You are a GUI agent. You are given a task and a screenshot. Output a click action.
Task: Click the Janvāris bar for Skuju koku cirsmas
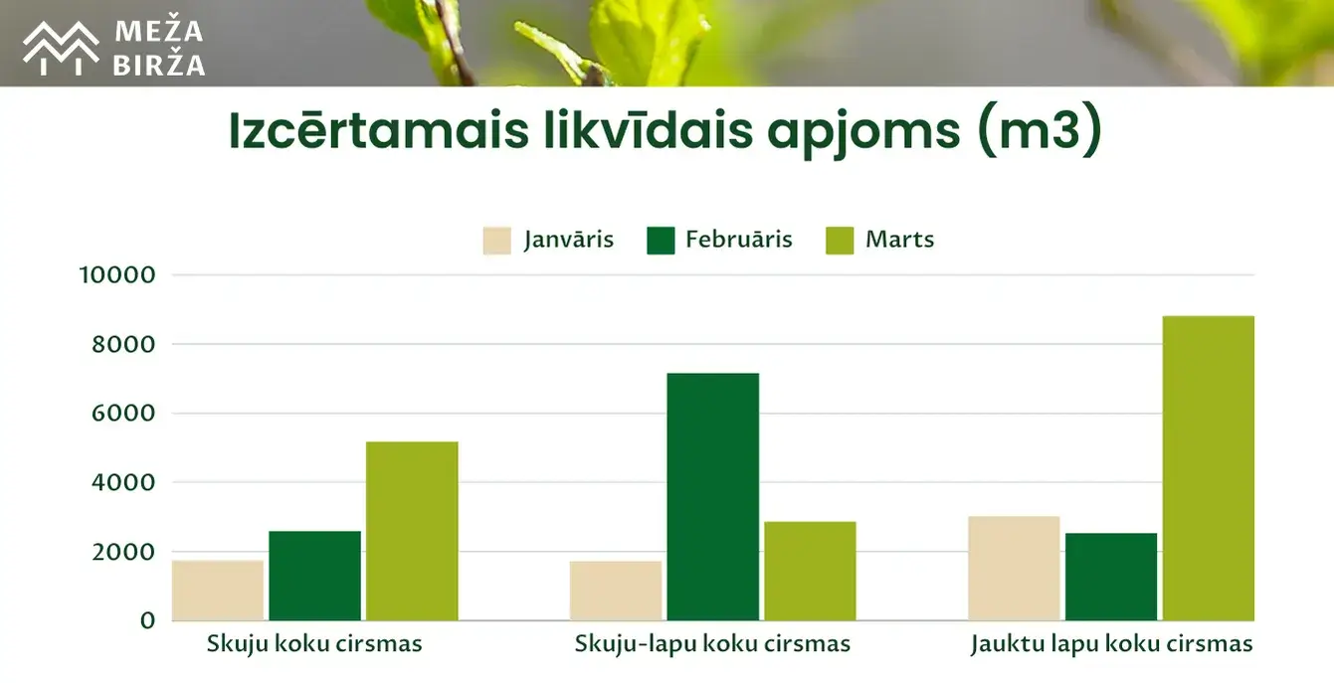(218, 591)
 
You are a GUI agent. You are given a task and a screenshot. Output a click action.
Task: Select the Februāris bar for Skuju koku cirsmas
(315, 576)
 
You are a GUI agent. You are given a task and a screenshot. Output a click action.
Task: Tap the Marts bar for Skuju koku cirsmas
(412, 531)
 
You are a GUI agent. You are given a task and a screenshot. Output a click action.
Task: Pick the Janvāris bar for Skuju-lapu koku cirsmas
(616, 591)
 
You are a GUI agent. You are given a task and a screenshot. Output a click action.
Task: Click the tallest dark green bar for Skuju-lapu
(713, 497)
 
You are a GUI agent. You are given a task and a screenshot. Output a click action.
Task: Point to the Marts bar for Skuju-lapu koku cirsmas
(811, 571)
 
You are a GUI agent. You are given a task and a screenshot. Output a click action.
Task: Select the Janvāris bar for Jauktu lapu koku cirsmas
(1015, 569)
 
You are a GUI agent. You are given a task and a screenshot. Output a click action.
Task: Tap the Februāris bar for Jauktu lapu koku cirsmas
(1111, 577)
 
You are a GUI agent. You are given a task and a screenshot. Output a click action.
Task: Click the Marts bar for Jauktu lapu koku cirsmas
(1209, 468)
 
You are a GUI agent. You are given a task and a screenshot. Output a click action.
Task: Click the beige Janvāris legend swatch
(496, 241)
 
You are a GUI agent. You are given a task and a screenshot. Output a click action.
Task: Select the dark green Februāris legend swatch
(661, 241)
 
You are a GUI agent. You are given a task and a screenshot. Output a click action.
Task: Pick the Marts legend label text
(900, 240)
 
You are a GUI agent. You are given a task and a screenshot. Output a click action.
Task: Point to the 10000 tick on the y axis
(117, 274)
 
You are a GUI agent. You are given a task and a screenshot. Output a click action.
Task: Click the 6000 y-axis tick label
(123, 413)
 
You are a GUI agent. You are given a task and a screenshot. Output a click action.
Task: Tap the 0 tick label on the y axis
(147, 620)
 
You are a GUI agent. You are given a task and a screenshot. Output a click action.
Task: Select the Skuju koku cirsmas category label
(314, 644)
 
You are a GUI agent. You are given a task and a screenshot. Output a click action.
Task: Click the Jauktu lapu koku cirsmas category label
(1112, 644)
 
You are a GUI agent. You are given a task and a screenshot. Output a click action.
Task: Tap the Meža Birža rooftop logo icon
(61, 48)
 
